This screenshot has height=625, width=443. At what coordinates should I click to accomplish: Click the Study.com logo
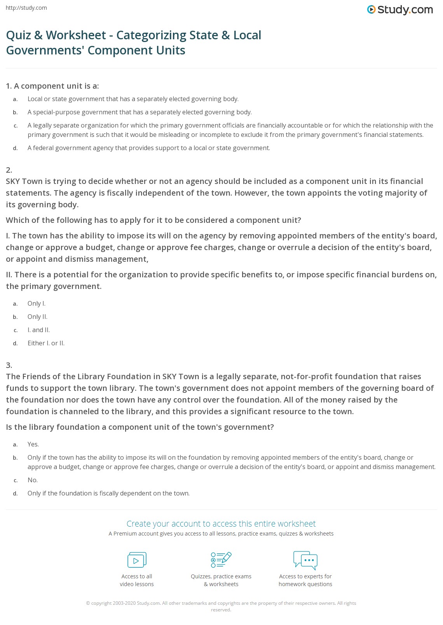[400, 10]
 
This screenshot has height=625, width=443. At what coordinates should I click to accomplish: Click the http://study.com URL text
[26, 8]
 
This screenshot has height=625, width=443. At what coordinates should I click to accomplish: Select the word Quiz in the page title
[18, 35]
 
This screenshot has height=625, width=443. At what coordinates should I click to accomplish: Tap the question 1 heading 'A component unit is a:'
[56, 86]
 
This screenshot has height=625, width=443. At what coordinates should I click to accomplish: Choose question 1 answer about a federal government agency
[148, 148]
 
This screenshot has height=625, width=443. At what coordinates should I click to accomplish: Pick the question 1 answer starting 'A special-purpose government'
[140, 112]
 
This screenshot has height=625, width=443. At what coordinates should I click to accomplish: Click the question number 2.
[9, 170]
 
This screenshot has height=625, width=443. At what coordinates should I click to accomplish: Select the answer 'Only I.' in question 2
[37, 304]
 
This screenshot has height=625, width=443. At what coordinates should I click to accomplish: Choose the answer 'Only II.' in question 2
[37, 317]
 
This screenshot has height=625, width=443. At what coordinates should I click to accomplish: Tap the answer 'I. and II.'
[38, 330]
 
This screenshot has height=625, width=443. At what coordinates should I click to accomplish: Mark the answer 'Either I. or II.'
[46, 343]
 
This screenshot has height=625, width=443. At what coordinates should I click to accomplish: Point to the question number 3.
[9, 365]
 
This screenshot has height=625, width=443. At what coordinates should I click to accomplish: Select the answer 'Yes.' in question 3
[33, 445]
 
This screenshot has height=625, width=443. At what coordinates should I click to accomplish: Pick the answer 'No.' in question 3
[33, 480]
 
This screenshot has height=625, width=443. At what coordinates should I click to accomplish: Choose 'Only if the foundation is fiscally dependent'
[108, 494]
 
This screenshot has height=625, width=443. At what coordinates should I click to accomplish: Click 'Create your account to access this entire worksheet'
[221, 524]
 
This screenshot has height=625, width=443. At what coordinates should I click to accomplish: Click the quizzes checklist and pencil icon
[221, 560]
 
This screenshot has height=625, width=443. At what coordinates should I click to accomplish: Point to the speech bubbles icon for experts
[305, 560]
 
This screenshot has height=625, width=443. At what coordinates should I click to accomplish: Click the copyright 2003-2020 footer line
[221, 604]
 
